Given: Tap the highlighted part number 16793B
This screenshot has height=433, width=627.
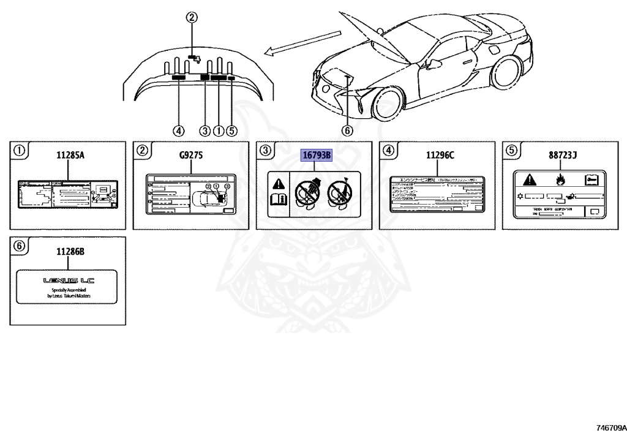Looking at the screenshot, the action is (316, 156).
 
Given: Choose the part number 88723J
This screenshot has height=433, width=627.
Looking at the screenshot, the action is (563, 156).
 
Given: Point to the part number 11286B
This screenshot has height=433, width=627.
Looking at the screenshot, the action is (70, 251).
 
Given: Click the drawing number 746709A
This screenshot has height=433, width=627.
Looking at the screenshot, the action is (607, 425).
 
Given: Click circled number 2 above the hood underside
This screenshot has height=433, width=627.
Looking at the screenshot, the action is (192, 18).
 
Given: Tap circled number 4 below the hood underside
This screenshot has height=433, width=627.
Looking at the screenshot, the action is (178, 130).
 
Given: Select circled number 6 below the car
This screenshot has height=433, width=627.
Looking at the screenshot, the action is (347, 130).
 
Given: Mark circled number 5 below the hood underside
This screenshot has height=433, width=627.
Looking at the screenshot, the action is (231, 130).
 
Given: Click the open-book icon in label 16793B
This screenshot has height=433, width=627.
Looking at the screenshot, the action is (279, 199).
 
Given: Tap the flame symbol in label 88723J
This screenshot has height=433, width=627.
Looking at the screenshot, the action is (560, 180).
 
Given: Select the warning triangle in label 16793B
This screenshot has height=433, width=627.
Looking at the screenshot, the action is (279, 183).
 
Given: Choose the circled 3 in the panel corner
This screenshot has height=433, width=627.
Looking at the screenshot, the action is (265, 149).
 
